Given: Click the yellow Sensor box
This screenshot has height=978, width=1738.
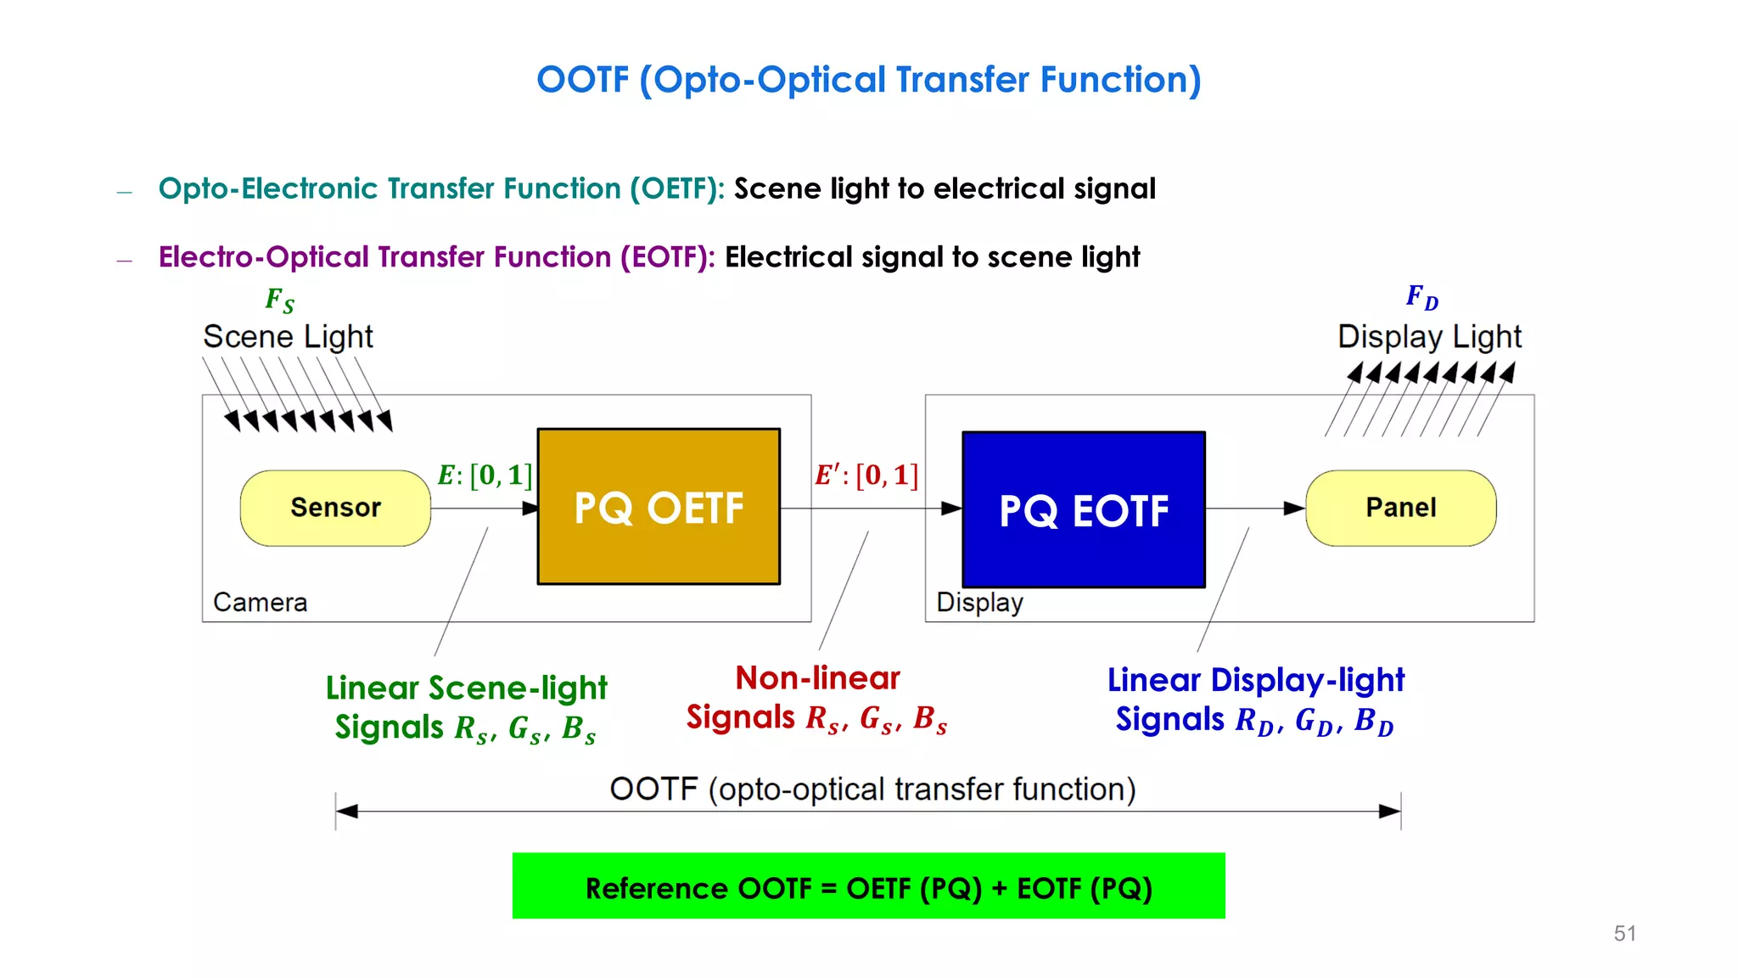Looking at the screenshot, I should (x=335, y=508).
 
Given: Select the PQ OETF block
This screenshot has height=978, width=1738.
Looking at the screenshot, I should (x=659, y=507).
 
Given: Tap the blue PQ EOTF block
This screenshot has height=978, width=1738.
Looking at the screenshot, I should (x=1084, y=509).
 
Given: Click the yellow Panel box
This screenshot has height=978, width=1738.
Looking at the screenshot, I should (x=1400, y=508).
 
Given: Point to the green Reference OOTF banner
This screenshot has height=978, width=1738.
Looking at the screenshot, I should (x=868, y=886).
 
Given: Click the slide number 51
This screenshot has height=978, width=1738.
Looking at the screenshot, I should (x=1624, y=933).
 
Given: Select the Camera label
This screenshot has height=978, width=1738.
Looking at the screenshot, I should (x=260, y=602).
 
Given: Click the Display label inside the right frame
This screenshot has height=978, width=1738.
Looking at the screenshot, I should (x=979, y=602).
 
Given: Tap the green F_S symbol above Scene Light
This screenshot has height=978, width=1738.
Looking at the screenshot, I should (x=279, y=300).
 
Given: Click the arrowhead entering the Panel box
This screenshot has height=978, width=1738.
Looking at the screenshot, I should (x=1293, y=509).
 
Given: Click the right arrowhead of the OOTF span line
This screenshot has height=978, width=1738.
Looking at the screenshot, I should (x=1389, y=812).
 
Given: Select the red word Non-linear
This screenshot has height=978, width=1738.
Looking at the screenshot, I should (x=817, y=677).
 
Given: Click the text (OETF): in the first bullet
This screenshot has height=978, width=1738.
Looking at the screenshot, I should (x=676, y=188).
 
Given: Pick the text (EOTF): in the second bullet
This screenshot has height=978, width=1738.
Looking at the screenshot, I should (x=667, y=257).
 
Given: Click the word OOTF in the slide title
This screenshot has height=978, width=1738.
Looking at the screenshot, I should (x=583, y=80).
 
